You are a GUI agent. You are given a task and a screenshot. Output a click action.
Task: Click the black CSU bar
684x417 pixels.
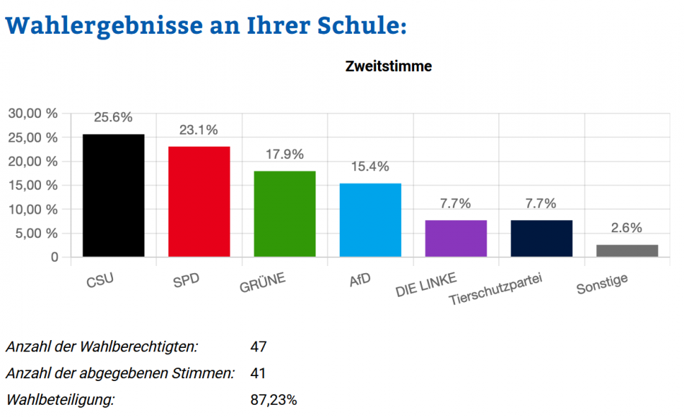click(114, 196)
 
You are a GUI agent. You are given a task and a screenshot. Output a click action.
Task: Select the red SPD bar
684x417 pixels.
click(199, 201)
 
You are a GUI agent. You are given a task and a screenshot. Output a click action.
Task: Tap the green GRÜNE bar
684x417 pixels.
click(284, 214)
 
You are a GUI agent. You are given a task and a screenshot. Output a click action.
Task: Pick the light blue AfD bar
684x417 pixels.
click(370, 220)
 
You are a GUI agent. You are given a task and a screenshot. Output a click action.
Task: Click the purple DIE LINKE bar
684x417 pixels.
click(456, 239)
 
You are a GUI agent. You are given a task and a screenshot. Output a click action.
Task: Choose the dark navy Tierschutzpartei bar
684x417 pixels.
click(541, 239)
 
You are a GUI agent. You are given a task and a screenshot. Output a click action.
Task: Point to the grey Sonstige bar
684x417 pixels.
click(627, 250)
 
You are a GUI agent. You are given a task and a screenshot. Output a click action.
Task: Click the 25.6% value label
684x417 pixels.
click(113, 117)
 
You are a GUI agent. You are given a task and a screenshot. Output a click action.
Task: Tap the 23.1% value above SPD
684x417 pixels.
click(199, 130)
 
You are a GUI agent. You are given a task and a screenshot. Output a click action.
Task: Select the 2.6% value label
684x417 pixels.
click(626, 228)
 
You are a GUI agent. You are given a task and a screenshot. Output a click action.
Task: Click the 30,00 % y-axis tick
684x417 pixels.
click(32, 113)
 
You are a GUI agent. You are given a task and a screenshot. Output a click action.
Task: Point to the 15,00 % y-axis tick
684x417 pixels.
click(32, 185)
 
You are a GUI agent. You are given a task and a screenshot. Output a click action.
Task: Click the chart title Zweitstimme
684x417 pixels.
click(389, 67)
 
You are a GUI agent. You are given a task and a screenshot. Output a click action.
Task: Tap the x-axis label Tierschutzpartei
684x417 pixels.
click(495, 289)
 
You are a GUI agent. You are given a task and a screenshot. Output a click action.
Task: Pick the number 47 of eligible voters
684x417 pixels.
click(258, 347)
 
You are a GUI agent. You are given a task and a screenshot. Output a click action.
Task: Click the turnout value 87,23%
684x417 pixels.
click(274, 400)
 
